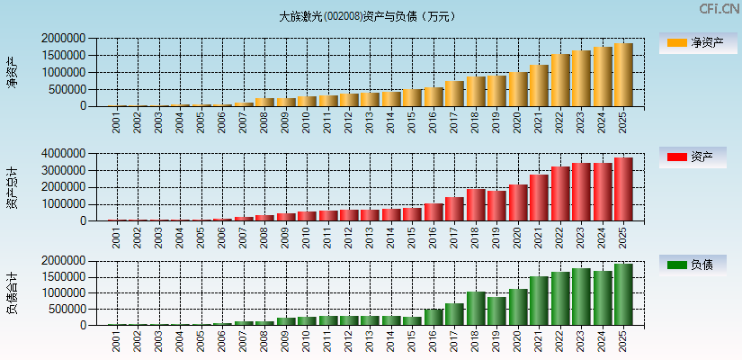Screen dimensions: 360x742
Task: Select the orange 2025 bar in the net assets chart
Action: tap(623, 75)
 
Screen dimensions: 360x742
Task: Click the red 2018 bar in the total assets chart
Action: tap(475, 205)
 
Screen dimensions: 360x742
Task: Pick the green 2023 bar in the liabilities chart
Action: tap(580, 297)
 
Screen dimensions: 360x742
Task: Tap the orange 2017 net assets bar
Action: tap(454, 94)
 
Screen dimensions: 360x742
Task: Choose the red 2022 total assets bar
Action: tap(559, 193)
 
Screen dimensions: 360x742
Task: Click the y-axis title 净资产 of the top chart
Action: tap(12, 72)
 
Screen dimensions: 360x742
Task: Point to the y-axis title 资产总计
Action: tap(12, 187)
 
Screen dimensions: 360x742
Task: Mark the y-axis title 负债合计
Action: tap(12, 293)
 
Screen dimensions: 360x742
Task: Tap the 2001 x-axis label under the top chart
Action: tap(117, 122)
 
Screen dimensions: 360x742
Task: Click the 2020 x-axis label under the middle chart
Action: tap(517, 238)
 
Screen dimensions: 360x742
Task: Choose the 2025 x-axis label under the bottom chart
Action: tap(622, 342)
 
